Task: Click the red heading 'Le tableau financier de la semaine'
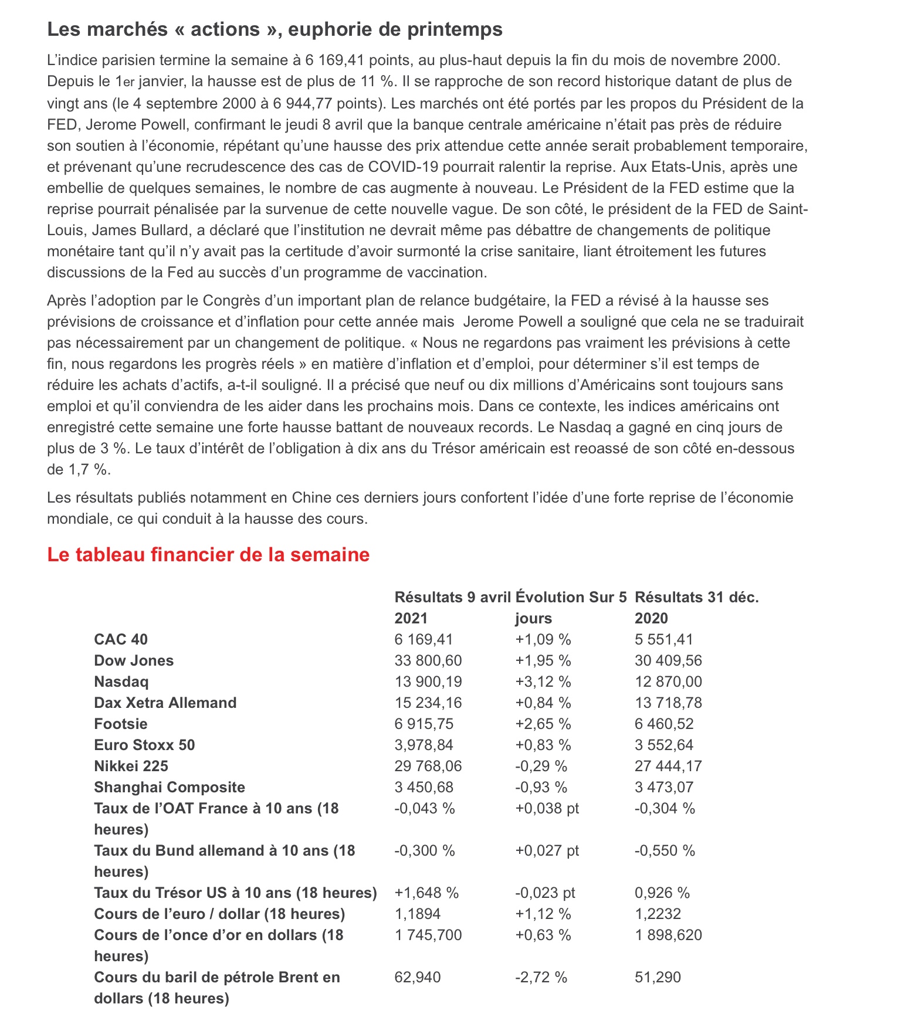tap(208, 555)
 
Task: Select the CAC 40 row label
tap(121, 639)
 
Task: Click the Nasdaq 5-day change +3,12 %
tap(543, 681)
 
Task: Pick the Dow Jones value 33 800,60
tap(428, 660)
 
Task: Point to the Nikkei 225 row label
tap(131, 766)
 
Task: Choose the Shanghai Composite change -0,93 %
tap(541, 787)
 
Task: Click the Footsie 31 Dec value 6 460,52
tap(664, 724)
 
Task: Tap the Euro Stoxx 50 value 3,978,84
tap(424, 745)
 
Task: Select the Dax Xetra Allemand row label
tap(165, 703)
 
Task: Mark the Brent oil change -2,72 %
tap(541, 977)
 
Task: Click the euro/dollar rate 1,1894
tap(418, 914)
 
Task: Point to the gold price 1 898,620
tap(668, 935)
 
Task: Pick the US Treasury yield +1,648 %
tap(426, 893)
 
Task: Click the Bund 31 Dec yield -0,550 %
tap(665, 850)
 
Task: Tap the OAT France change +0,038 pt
tap(547, 808)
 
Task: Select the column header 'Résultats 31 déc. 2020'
tap(696, 608)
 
